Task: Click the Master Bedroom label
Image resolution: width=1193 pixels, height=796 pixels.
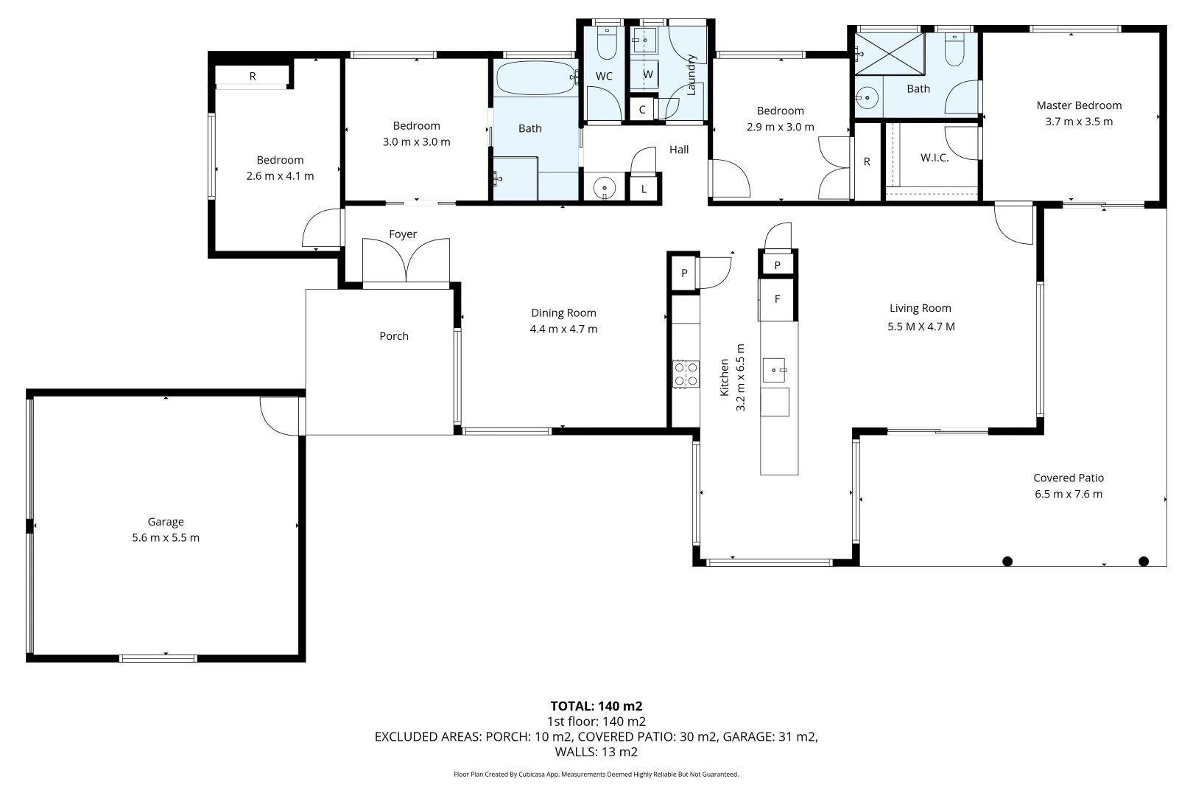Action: [1078, 105]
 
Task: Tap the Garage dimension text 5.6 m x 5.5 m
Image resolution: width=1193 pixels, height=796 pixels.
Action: [166, 538]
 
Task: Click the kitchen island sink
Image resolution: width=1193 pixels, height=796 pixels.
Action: [774, 369]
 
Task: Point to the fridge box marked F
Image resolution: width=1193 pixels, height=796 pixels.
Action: [777, 299]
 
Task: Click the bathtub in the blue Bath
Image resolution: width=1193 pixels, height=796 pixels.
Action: [535, 77]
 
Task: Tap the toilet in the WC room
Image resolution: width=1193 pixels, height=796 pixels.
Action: [607, 43]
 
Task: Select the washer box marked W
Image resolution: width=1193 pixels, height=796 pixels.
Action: [647, 74]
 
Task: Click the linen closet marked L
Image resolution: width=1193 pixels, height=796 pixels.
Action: [644, 189]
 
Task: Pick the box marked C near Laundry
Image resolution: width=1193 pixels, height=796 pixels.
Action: [642, 110]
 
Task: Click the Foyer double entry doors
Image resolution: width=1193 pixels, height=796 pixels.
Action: [406, 261]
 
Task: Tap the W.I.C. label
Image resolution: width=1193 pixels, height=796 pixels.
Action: [935, 158]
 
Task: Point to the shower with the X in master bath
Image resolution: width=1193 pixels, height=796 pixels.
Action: [889, 53]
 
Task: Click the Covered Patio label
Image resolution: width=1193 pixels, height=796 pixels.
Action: [1068, 478]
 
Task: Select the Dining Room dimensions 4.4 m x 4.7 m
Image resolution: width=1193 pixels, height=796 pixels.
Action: [563, 329]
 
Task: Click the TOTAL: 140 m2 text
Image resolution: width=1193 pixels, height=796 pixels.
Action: [596, 706]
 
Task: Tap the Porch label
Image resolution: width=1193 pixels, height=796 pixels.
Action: [393, 336]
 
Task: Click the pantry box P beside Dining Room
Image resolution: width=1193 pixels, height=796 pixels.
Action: [684, 273]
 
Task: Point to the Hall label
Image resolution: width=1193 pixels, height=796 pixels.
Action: [678, 150]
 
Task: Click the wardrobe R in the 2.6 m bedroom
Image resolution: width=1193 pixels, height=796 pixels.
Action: [253, 76]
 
